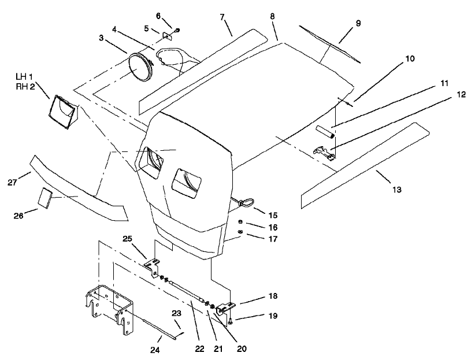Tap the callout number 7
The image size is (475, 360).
pos(221,16)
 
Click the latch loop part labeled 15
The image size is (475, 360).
pos(243,202)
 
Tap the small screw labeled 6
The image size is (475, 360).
pos(177,30)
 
